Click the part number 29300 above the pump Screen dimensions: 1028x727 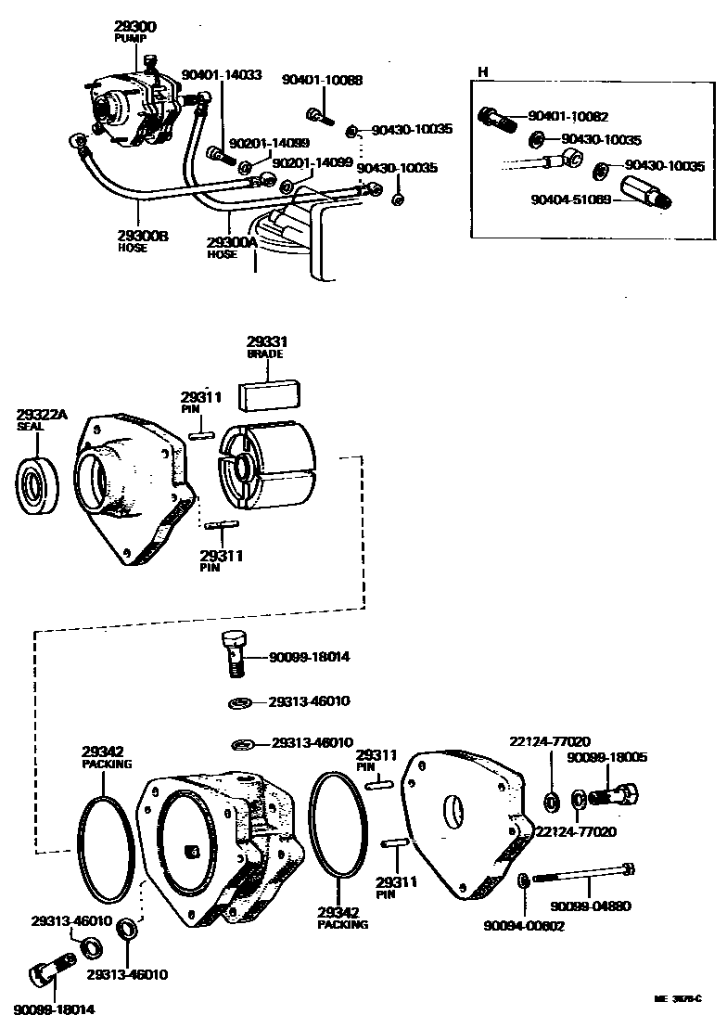coord(136,27)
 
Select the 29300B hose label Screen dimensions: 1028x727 coord(143,237)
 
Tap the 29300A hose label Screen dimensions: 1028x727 coord(232,242)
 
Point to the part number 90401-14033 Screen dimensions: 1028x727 coord(222,75)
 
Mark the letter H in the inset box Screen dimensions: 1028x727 coord(482,72)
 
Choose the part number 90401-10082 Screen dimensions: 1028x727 coord(568,117)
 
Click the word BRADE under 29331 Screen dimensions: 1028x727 coord(264,354)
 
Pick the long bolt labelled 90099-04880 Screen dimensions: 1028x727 coord(584,873)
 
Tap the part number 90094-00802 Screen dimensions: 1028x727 coord(524,925)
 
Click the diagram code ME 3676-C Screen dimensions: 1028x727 coord(677,998)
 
